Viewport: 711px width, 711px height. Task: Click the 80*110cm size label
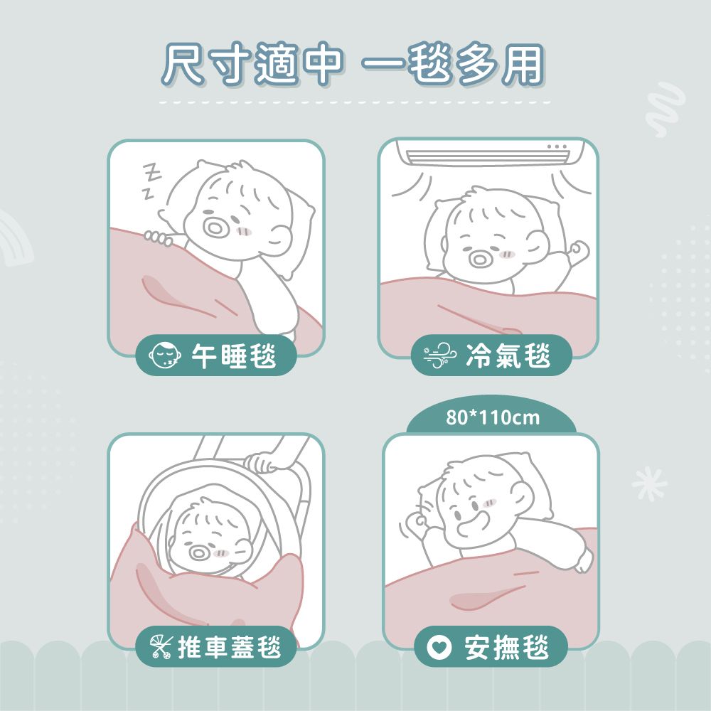(493, 417)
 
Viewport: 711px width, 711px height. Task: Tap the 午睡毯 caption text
(234, 355)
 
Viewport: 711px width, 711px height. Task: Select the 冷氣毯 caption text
(508, 355)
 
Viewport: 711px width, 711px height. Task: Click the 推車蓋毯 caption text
(230, 646)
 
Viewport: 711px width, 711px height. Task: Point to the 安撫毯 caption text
(506, 647)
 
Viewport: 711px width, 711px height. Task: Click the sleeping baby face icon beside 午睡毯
(165, 355)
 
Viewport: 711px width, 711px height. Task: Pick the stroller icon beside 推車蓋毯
(161, 646)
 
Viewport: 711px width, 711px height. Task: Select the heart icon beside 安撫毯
(439, 647)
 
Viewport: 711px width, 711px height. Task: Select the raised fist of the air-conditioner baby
(579, 251)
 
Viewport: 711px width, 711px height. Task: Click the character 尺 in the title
(183, 63)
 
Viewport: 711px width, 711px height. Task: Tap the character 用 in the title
(522, 64)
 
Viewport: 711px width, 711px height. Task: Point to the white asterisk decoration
(649, 484)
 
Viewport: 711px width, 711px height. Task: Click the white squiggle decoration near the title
(665, 109)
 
